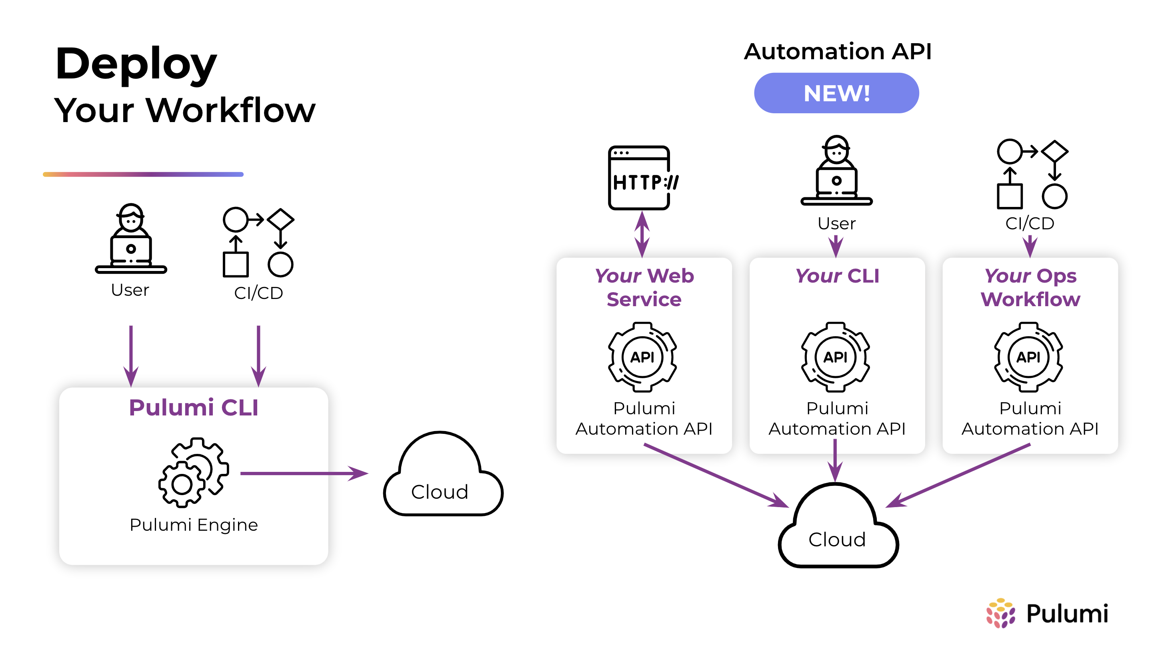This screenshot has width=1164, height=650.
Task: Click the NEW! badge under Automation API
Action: point(836,93)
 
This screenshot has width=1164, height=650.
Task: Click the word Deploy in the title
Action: point(136,64)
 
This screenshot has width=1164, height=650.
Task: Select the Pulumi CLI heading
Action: point(193,407)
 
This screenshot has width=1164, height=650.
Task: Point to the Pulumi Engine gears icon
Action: point(193,472)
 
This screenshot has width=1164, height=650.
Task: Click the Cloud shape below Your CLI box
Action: point(837,529)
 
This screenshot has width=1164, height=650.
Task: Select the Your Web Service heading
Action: point(644,287)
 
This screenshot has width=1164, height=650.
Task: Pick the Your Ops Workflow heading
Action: point(1030,287)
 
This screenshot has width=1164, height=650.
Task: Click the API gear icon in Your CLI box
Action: point(836,357)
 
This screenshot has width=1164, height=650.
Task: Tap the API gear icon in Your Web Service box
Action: point(642,357)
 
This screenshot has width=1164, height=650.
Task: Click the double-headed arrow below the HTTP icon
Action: point(642,234)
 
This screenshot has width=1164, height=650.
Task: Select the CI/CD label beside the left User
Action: point(258,293)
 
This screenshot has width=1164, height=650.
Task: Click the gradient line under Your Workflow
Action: point(143,174)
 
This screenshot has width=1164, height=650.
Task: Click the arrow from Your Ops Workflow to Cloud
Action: point(958,475)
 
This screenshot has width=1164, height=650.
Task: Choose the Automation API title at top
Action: point(837,52)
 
